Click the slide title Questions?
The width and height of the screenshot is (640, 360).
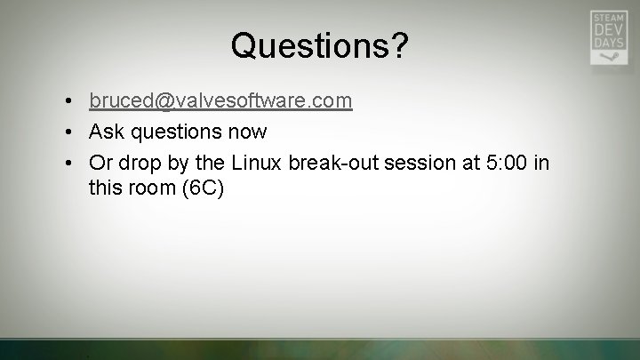[x=320, y=45]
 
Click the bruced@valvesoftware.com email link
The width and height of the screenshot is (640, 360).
[x=220, y=101]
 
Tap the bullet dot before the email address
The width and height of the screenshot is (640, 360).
[x=68, y=102]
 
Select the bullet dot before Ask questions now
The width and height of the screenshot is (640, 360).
[x=68, y=132]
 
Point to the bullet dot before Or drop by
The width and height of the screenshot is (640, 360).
[x=68, y=164]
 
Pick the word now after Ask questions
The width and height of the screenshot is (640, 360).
[x=246, y=132]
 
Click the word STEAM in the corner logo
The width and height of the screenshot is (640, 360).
[x=608, y=18]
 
